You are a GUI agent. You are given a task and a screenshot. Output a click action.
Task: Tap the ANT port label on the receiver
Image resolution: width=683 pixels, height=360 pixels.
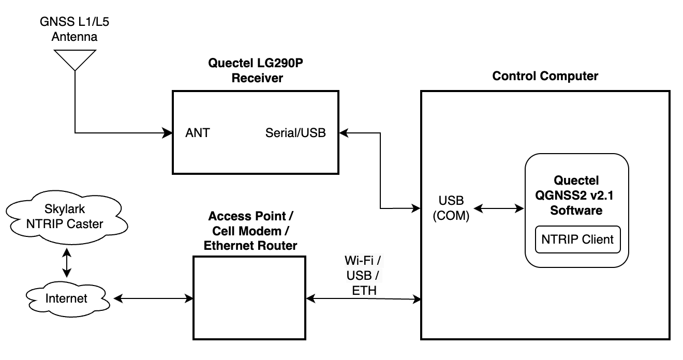(x=198, y=133)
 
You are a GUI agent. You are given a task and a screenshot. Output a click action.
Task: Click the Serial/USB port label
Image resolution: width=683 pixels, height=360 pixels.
(x=295, y=133)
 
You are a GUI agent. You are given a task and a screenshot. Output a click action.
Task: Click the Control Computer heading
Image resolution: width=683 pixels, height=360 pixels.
(x=545, y=76)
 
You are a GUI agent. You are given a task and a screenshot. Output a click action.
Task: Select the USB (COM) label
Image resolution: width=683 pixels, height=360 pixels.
(x=451, y=208)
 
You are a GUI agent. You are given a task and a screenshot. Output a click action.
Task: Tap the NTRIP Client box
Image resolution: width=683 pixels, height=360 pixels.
(x=577, y=239)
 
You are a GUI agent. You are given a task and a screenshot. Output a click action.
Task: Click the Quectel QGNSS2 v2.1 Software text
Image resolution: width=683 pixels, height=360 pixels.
(x=576, y=196)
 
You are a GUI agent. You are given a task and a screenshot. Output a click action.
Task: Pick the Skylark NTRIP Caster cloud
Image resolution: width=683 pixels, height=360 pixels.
(x=66, y=217)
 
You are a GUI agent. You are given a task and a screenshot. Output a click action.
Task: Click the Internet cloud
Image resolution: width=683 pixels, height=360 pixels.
(x=66, y=298)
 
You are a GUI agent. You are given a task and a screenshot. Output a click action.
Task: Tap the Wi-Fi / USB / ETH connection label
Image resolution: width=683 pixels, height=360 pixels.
(x=364, y=275)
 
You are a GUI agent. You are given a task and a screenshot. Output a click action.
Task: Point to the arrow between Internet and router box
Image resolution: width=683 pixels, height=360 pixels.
(x=153, y=298)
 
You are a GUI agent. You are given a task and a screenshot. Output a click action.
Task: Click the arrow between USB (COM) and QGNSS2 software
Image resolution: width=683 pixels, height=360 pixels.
(x=499, y=208)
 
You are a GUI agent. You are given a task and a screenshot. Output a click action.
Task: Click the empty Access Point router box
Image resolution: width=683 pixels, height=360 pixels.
(x=249, y=298)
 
